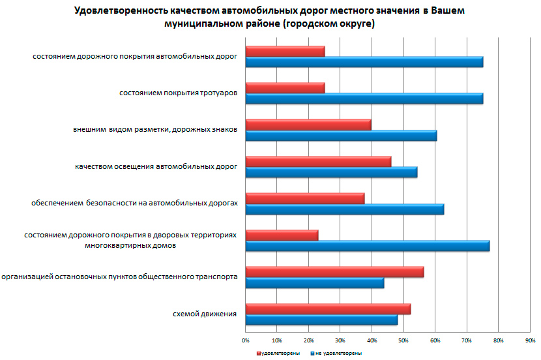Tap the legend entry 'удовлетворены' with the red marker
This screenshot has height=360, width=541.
tap(279, 353)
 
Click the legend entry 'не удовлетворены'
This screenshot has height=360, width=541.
tap(338, 353)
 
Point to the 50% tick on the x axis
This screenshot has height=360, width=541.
tap(403, 340)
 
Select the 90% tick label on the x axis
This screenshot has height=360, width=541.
tap(530, 340)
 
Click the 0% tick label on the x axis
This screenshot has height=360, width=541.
tap(246, 340)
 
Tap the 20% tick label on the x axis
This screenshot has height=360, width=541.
tap(308, 340)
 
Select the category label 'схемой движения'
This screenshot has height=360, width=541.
tap(205, 314)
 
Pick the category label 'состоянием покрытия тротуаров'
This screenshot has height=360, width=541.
tap(178, 93)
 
